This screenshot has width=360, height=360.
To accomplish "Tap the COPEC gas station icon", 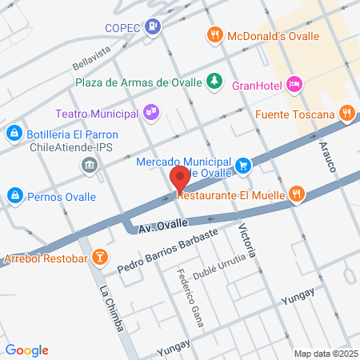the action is pyautogui.click(x=152, y=26).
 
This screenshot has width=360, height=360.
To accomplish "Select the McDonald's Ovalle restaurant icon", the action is pyautogui.click(x=214, y=35).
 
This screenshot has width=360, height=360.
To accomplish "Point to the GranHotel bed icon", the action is pyautogui.click(x=295, y=83).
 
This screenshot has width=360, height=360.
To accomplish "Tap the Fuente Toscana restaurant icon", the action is pyautogui.click(x=346, y=114).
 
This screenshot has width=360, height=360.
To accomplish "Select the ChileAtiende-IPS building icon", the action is pyautogui.click(x=89, y=165).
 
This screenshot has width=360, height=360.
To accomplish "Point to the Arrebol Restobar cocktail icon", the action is pyautogui.click(x=100, y=257).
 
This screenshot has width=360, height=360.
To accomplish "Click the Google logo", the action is pyautogui.click(x=26, y=350).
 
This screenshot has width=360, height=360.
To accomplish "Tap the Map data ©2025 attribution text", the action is pyautogui.click(x=325, y=353).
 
